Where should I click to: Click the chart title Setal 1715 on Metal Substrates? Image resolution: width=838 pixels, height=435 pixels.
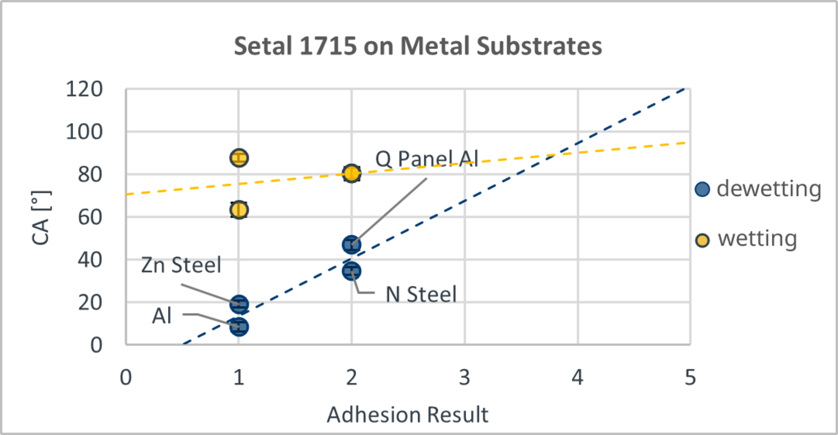[418, 46]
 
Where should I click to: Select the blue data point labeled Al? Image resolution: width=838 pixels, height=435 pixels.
[239, 326]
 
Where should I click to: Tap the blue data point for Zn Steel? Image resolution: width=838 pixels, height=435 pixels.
[239, 304]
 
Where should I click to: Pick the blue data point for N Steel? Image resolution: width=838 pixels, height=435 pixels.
[351, 271]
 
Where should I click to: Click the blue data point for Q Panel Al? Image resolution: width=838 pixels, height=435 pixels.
[351, 245]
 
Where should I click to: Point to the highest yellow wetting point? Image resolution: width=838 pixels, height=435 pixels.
[239, 158]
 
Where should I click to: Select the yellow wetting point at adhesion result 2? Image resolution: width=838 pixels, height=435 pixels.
[351, 173]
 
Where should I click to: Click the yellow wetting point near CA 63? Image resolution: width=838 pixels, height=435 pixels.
[239, 210]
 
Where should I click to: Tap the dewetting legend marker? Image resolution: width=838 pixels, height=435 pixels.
[702, 189]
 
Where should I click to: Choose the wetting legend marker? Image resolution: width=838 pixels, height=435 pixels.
[702, 240]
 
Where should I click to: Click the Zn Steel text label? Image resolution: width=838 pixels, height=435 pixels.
[181, 265]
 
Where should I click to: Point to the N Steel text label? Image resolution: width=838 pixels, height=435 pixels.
[421, 294]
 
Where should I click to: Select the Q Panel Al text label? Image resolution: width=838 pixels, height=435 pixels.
[427, 159]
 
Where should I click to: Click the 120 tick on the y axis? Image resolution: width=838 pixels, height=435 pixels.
[84, 89]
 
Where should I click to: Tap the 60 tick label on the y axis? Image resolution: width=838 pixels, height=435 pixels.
[90, 217]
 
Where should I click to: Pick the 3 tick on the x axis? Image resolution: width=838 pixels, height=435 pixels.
[464, 377]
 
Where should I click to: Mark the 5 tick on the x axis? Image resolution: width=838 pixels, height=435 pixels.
[690, 377]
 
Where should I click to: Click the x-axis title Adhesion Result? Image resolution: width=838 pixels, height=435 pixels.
[407, 414]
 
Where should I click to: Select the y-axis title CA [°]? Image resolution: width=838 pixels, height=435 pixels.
[41, 217]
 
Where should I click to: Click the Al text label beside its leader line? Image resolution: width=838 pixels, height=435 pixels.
[161, 316]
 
